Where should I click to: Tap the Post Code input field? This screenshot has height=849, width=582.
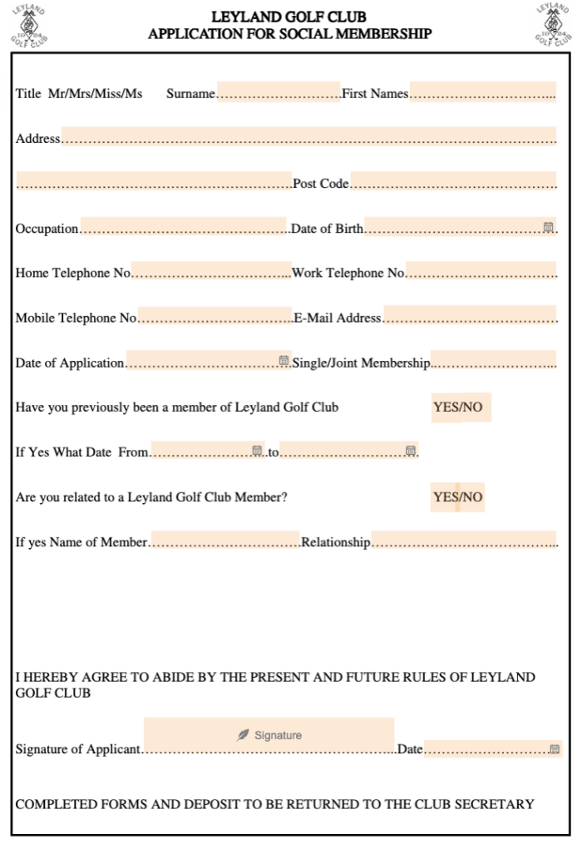click(453, 181)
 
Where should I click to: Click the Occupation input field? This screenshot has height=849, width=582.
click(183, 226)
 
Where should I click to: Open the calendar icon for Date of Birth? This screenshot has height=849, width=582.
click(549, 227)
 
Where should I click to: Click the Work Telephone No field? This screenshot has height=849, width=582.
click(481, 271)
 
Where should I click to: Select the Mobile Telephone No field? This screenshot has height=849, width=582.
click(215, 316)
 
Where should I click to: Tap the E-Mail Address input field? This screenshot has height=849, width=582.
click(470, 316)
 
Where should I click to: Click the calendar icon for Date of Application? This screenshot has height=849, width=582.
click(284, 361)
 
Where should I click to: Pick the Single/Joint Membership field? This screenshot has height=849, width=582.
click(493, 361)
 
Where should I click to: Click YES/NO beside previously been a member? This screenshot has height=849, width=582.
click(461, 407)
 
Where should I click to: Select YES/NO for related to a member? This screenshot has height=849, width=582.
click(457, 497)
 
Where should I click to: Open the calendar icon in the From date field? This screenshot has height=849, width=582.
click(257, 451)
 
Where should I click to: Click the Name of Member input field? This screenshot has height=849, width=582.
click(224, 540)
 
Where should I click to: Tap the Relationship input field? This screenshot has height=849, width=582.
click(464, 540)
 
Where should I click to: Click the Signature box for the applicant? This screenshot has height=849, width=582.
click(269, 735)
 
